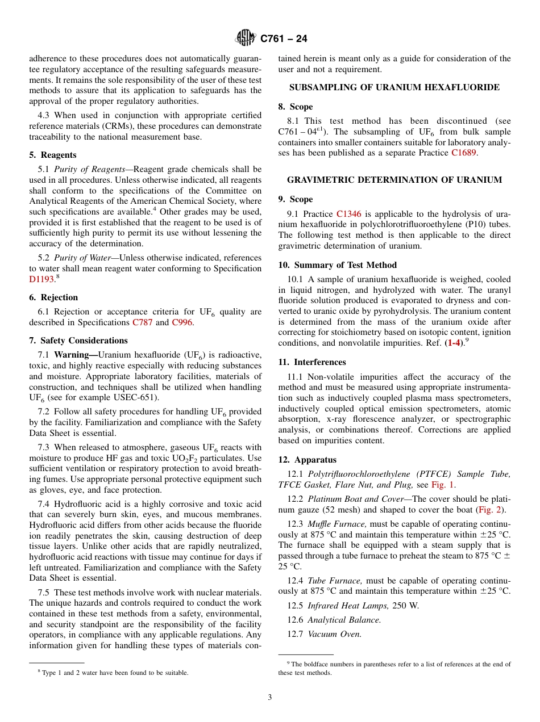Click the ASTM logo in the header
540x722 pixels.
click(246, 38)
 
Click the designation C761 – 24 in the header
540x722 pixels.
click(284, 39)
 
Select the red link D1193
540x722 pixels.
click(41, 279)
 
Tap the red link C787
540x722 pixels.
click(142, 322)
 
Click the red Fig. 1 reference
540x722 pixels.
click(443, 485)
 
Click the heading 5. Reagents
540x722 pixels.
click(52, 155)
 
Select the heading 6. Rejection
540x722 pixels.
click(53, 297)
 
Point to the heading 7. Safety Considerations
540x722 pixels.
click(78, 341)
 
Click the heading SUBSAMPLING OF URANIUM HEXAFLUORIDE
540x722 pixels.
click(394, 87)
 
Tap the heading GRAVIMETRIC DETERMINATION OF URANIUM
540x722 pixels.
click(394, 180)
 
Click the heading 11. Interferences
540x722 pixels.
click(312, 362)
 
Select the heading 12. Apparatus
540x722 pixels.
click(307, 460)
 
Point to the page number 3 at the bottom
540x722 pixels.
click(270, 698)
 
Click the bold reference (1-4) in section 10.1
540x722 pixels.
click(454, 343)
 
